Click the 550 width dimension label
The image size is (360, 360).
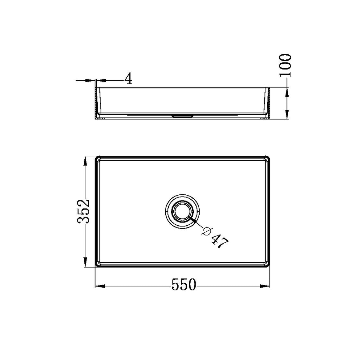183,285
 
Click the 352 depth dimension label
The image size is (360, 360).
84,212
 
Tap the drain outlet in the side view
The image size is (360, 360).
182,115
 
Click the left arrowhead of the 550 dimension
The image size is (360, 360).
100,286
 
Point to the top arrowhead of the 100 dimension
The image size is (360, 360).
287,92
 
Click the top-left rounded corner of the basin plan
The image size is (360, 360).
98,159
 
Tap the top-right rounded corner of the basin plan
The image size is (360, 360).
267,159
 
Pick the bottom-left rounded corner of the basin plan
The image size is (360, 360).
98,264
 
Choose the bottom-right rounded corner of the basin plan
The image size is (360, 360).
267,264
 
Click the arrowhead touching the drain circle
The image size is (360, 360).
193,220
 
